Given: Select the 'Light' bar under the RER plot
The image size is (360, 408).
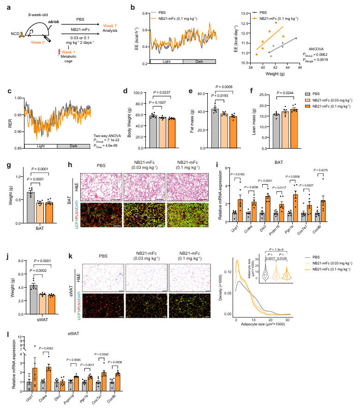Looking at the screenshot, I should (x=41, y=146).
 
